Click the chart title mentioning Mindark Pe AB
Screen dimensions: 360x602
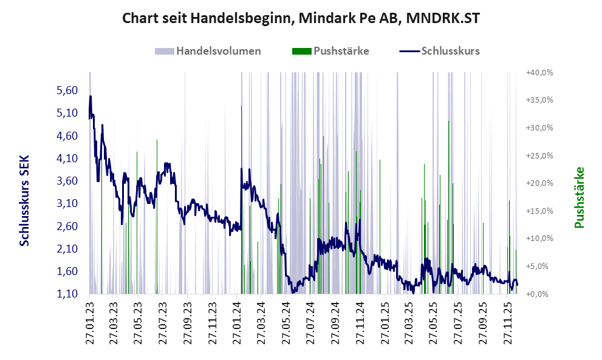301,18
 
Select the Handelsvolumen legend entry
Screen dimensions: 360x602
218,51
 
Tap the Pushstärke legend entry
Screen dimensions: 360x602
341,51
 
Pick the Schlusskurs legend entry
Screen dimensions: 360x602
450,51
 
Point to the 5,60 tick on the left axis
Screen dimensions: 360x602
67,90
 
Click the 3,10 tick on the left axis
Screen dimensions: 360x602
67,203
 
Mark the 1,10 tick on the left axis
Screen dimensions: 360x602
67,294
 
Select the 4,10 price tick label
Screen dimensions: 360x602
67,158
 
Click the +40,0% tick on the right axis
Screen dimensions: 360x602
539,73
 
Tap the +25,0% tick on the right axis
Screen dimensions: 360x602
539,156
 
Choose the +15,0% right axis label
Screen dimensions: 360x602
539,211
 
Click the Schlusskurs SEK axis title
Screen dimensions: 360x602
24,200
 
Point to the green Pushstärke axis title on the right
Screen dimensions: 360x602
579,198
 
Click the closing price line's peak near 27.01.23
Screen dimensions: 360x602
91,97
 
